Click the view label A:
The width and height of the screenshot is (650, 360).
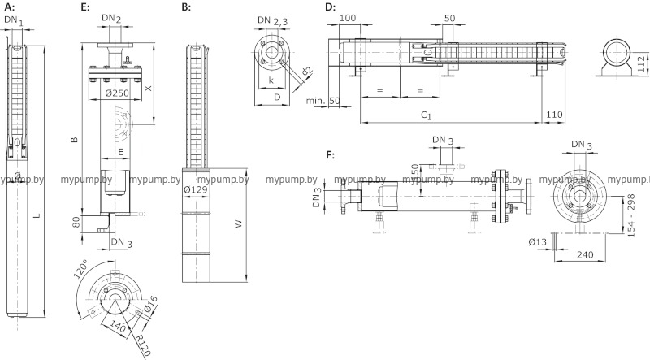click(x=9, y=7)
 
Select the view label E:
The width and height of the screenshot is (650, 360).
click(x=85, y=7)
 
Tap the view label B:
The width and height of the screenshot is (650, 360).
click(x=186, y=7)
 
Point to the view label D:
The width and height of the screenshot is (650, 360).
click(x=330, y=7)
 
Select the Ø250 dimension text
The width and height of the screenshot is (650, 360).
click(x=119, y=94)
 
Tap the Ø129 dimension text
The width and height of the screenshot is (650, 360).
click(x=198, y=189)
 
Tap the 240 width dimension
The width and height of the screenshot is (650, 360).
click(x=583, y=255)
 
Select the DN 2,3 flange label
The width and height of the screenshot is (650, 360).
click(x=273, y=20)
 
